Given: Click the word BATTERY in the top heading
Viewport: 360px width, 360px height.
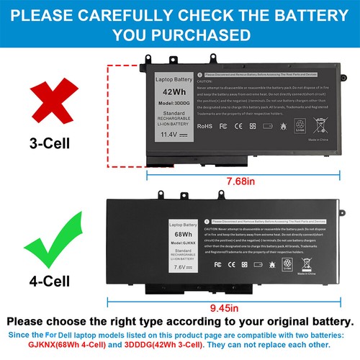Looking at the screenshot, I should point(301,14).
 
